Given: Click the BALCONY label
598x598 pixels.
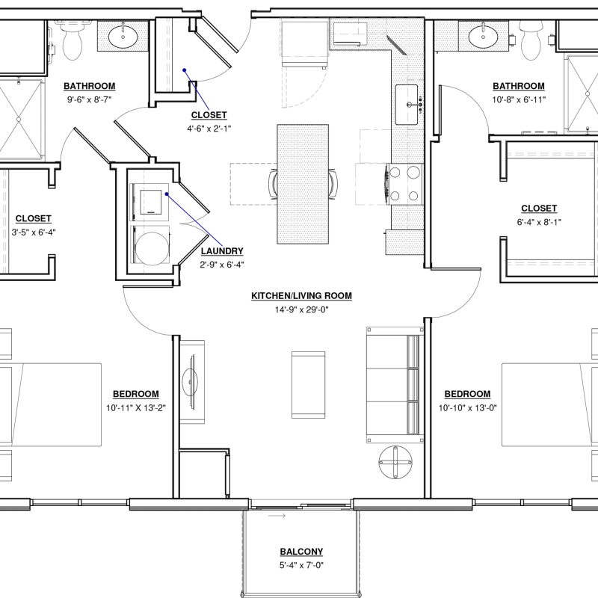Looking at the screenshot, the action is coord(301,552).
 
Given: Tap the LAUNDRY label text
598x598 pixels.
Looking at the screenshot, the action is coord(222,251).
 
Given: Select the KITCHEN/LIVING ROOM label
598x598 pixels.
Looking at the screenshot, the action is coord(301,295).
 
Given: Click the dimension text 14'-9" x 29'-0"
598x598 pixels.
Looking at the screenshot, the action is coord(301,309).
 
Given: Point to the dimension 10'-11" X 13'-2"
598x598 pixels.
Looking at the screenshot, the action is coord(136,408).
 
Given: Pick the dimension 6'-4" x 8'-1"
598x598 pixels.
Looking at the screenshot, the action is coord(539,222).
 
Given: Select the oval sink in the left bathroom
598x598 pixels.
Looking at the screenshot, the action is coord(123,37).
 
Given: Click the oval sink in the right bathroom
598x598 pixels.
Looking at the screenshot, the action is coord(483,37).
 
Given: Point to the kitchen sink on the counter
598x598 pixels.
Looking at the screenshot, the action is coord(407,105).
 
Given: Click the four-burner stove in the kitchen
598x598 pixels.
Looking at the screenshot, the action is coord(405,185).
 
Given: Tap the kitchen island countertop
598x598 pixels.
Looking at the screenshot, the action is coord(303,184).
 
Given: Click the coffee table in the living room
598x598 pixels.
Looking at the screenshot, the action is coord(309,385).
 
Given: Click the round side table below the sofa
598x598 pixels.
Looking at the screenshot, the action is coord(395,462).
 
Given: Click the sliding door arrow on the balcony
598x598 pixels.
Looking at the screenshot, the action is coord(277,516).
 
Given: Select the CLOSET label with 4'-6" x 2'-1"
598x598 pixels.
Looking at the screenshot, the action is coord(209,115).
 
